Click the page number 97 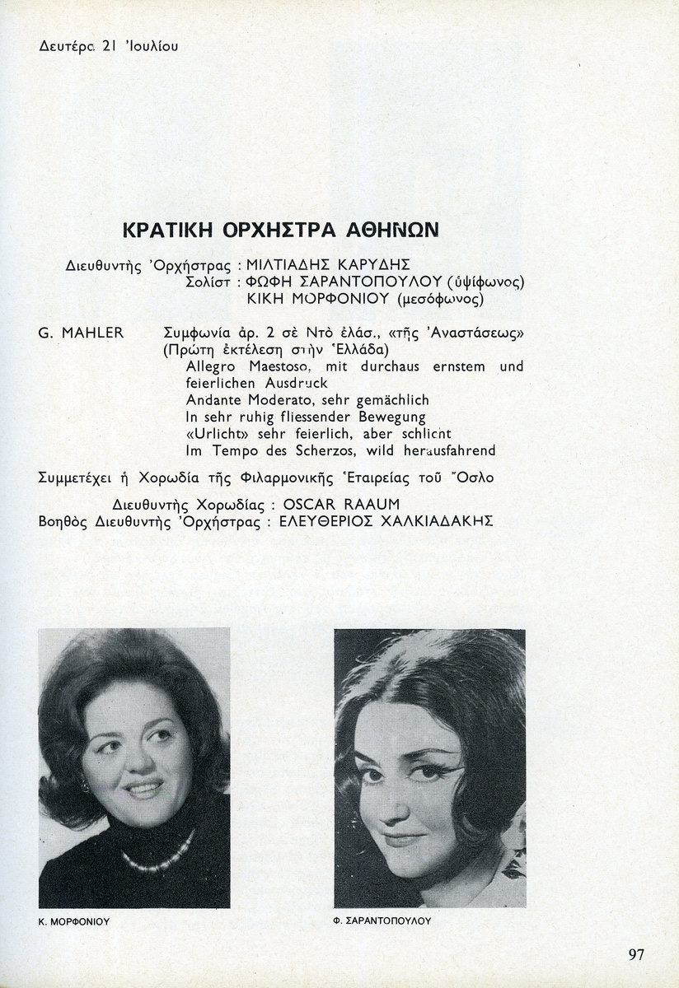(635, 954)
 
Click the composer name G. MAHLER (81, 333)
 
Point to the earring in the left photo (83, 787)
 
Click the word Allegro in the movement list (210, 366)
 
